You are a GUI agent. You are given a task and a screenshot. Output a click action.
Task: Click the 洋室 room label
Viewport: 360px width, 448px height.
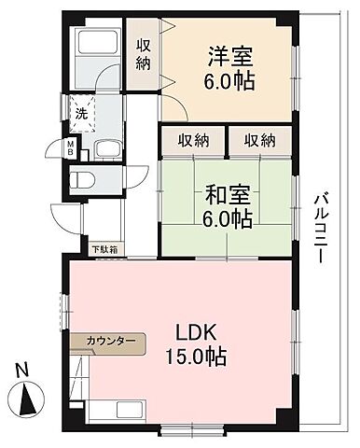(x=228, y=55)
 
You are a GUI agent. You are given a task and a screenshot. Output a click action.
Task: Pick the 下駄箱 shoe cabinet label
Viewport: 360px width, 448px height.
(x=105, y=249)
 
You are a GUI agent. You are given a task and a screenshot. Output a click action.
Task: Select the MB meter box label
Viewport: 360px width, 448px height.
(x=70, y=147)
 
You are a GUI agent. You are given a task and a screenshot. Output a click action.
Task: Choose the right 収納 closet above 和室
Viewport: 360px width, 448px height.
(x=260, y=140)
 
